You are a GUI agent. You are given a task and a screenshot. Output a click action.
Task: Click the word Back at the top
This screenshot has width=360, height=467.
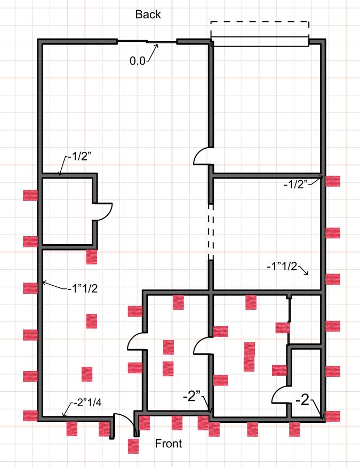(x=148, y=14)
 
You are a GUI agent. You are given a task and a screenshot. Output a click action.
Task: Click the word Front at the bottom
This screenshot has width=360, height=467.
(x=169, y=444)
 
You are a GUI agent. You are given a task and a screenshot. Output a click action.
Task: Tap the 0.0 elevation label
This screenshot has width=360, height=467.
(x=138, y=61)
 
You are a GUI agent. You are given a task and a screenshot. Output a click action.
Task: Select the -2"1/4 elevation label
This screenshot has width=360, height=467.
(x=87, y=402)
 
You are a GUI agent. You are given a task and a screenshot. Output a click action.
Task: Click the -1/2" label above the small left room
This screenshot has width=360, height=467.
(x=79, y=156)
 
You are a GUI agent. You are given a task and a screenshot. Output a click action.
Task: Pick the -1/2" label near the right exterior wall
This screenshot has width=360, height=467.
(x=295, y=184)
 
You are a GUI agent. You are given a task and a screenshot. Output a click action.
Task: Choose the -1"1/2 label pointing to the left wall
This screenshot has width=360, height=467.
(x=82, y=288)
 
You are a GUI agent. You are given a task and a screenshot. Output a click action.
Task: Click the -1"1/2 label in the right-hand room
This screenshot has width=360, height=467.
(x=282, y=266)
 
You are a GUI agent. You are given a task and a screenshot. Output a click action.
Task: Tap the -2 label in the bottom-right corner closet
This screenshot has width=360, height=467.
(x=302, y=400)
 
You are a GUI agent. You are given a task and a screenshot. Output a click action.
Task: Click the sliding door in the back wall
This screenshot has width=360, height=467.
(x=147, y=42)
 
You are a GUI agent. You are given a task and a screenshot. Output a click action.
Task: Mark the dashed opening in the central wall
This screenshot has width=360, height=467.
(x=211, y=232)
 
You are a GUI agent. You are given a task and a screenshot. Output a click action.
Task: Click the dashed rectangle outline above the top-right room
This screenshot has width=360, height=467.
(x=260, y=21)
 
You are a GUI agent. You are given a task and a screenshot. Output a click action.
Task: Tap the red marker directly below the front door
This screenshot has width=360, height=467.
(x=133, y=446)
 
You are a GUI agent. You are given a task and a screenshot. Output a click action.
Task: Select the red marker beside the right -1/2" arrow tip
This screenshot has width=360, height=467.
(x=333, y=181)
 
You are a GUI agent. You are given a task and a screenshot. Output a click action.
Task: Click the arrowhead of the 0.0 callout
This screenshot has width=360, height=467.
(x=156, y=46)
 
